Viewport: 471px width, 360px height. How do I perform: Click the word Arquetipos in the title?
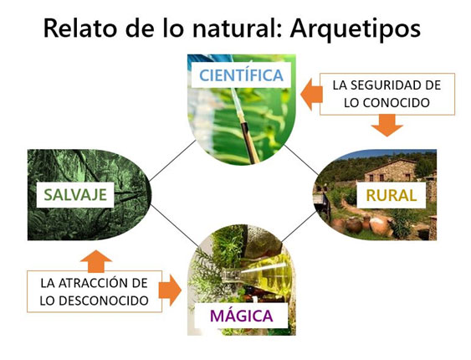[356, 28]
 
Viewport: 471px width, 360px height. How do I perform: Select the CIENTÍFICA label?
[241, 75]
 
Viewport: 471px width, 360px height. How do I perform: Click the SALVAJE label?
[75, 195]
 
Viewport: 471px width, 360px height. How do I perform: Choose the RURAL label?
[392, 196]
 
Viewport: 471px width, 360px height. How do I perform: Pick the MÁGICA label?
[242, 316]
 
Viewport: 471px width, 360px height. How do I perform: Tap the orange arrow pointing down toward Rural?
[387, 126]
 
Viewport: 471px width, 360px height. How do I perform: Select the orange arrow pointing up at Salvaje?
[96, 260]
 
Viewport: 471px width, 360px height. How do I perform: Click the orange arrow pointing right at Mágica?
[171, 291]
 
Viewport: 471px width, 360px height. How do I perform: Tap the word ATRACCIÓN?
[90, 283]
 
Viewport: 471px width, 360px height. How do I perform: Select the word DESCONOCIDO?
[104, 301]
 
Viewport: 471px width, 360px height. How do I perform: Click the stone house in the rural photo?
[391, 171]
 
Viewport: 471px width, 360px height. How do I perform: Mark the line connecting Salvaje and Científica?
[172, 161]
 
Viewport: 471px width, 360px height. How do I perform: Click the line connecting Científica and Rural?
[301, 159]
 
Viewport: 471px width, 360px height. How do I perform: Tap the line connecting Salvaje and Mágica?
[174, 225]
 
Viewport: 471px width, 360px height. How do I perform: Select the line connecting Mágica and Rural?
[299, 227]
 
